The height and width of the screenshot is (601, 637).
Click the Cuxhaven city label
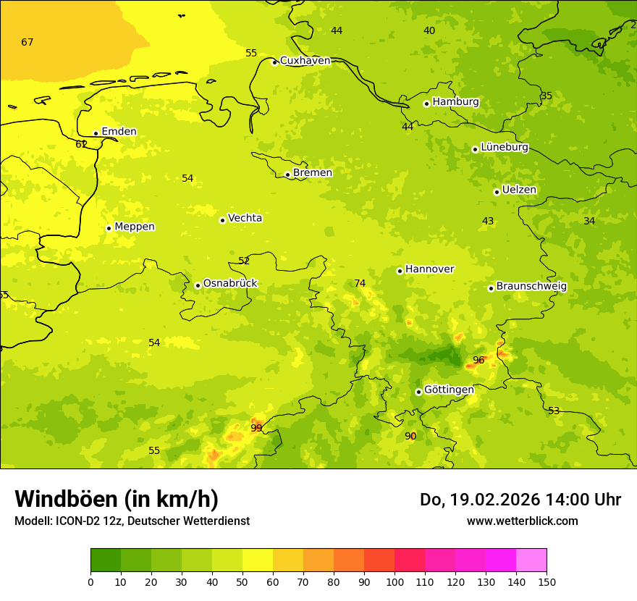click(x=305, y=61)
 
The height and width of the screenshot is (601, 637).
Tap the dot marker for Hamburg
click(x=426, y=104)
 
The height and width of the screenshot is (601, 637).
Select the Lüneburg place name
click(x=505, y=147)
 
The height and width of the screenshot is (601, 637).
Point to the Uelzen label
click(x=519, y=190)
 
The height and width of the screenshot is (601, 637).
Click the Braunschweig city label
click(x=531, y=287)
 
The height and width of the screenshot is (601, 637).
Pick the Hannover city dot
click(x=400, y=271)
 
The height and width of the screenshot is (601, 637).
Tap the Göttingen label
click(x=449, y=390)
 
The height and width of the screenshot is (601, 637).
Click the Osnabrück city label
click(x=230, y=283)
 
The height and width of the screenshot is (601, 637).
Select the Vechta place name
click(x=245, y=218)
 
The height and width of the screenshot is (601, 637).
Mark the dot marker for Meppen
click(x=109, y=228)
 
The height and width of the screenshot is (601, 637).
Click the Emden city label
click(x=119, y=131)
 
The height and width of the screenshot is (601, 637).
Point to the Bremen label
click(x=313, y=172)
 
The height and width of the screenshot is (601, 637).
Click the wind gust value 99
click(x=256, y=428)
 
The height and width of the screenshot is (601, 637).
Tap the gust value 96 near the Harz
click(x=478, y=360)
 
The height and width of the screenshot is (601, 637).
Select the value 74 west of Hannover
click(x=360, y=283)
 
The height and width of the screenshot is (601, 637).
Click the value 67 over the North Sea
click(x=28, y=42)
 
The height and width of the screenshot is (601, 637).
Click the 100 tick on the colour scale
click(x=395, y=581)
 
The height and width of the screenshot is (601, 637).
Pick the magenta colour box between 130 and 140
click(x=501, y=560)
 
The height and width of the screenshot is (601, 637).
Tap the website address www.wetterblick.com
click(x=522, y=521)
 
